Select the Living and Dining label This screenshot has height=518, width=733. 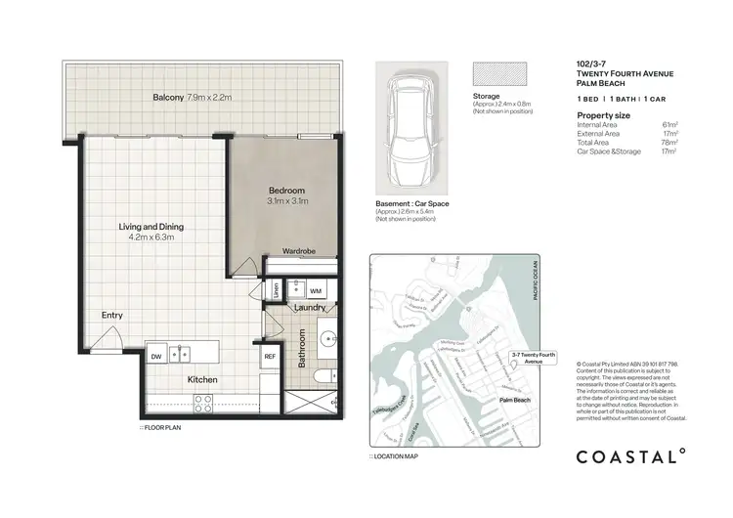[x=151, y=232]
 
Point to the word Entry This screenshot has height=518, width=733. [x=112, y=315]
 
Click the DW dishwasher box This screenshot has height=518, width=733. [x=156, y=356]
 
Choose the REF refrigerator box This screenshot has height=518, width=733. [x=270, y=356]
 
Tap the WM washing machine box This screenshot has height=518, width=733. [x=316, y=290]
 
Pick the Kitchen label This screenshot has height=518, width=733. [x=203, y=379]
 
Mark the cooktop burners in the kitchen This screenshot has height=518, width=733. [x=204, y=400]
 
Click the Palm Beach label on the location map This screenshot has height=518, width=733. [x=517, y=400]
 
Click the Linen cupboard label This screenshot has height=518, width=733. [x=278, y=291]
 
